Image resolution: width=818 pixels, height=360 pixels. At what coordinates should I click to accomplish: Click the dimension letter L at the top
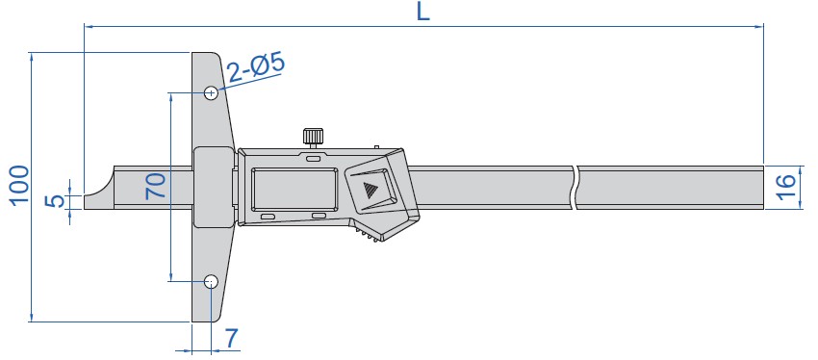click(423, 12)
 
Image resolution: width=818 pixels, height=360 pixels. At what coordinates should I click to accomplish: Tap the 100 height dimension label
click(19, 186)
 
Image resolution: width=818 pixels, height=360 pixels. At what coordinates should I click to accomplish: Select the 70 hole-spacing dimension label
click(156, 187)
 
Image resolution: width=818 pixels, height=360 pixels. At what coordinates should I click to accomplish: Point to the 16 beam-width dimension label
click(786, 187)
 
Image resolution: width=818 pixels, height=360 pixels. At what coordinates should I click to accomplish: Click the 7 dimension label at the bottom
click(231, 339)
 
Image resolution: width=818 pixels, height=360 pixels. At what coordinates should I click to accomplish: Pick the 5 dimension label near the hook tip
click(54, 201)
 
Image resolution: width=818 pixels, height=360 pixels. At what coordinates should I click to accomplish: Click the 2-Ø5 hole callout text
click(256, 68)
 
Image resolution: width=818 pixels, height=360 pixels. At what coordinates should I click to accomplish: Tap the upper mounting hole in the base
click(211, 93)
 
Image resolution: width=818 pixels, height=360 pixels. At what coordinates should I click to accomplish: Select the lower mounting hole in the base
click(211, 282)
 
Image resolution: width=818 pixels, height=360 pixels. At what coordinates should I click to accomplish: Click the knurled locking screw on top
click(313, 137)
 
